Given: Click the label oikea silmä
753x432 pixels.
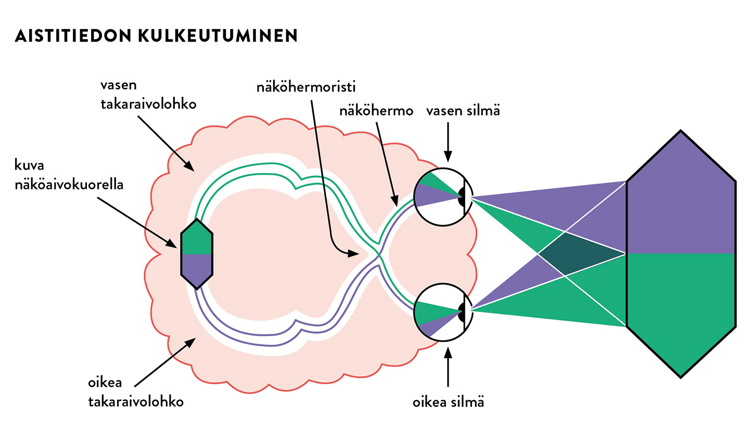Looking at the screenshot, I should pos(448,402).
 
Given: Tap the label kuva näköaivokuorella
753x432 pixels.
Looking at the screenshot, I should pos(69,177).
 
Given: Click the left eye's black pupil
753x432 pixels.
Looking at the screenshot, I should pos(462,197).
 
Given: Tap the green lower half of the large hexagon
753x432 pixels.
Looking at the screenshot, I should pos(681,307).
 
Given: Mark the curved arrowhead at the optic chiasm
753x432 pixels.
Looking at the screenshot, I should pos(354,253).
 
